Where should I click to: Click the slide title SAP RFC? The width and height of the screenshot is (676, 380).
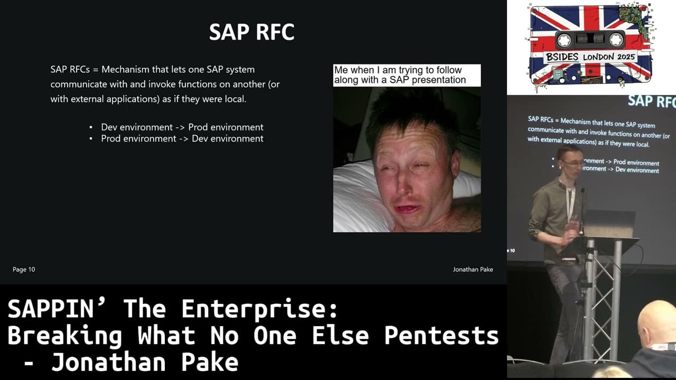click(251, 32)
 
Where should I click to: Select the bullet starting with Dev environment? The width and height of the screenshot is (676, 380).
click(182, 127)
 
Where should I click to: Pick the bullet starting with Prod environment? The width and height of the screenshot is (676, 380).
click(182, 139)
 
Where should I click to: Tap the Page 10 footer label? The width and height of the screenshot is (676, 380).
click(24, 270)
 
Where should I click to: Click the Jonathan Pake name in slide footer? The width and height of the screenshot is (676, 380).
click(473, 270)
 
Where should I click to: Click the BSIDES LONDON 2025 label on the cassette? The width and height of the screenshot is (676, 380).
click(590, 57)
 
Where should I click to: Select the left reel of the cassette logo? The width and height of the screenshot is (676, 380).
click(564, 40)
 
